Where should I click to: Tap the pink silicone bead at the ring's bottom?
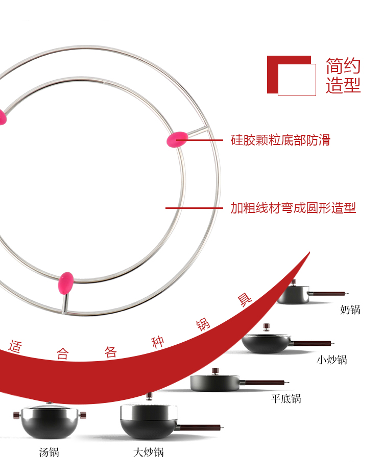point(66,283)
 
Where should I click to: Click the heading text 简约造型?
point(343,75)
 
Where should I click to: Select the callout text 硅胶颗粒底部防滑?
point(280,140)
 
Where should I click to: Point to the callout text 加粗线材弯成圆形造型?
point(293,208)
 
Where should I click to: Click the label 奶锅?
point(350,310)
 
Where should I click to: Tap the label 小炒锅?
point(331,360)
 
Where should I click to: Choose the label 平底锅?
point(286,398)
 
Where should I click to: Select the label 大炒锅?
point(148,453)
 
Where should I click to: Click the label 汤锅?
point(49,452)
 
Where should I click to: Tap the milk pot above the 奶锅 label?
point(294,294)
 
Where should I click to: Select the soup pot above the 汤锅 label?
point(49,421)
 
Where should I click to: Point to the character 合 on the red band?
point(62,353)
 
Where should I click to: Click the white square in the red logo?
point(297,80)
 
